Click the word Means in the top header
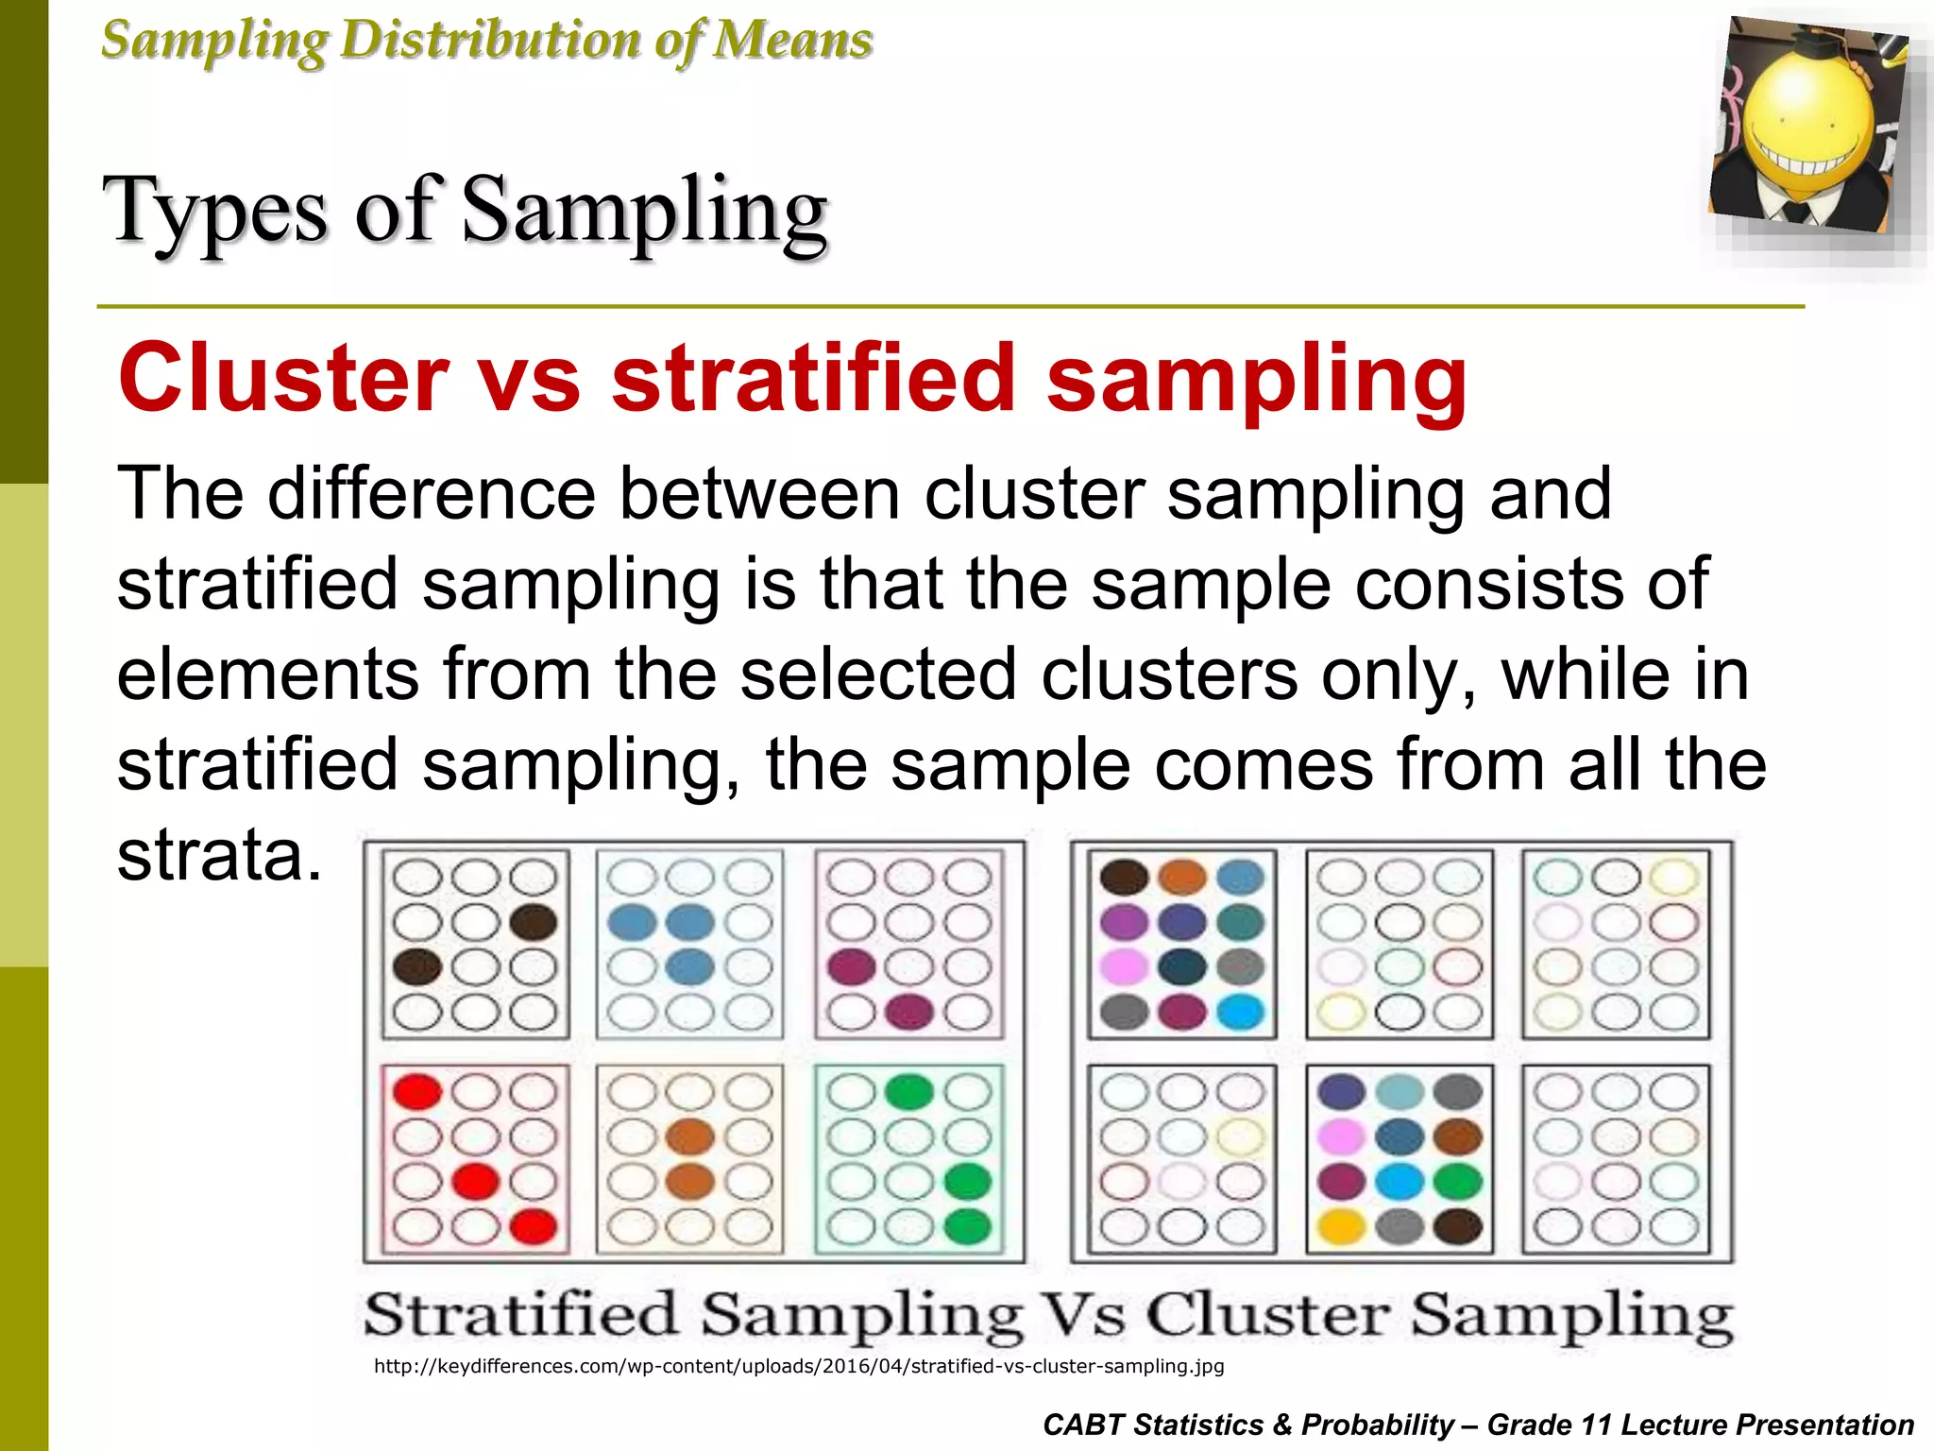click(x=791, y=41)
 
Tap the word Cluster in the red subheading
click(x=283, y=378)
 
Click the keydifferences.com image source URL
click(x=799, y=1366)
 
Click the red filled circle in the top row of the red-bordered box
click(x=416, y=1092)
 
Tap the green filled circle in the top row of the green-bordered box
click(x=908, y=1092)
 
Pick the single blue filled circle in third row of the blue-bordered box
click(x=690, y=967)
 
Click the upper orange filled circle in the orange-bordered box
click(x=690, y=1136)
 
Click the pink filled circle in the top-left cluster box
click(x=1124, y=967)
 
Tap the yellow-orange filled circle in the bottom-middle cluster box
click(x=1341, y=1226)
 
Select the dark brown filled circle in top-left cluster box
click(x=1124, y=877)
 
